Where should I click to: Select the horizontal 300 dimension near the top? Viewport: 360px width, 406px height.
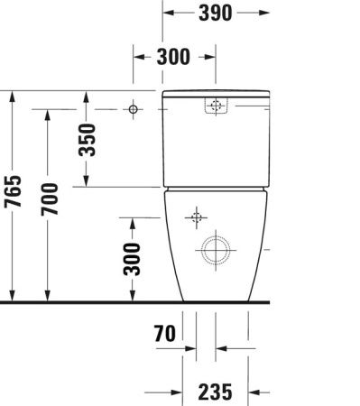point(174,56)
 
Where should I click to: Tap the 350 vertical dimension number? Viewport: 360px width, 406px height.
point(87,139)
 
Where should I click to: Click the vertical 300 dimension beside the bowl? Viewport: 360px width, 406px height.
point(133,260)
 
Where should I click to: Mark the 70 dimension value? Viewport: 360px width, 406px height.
point(163,333)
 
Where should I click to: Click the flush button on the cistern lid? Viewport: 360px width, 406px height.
point(216,106)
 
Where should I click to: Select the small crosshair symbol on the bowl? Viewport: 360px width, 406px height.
point(196,217)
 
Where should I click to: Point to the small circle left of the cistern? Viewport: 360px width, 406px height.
point(134,109)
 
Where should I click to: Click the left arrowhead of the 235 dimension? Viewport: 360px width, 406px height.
point(177,392)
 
